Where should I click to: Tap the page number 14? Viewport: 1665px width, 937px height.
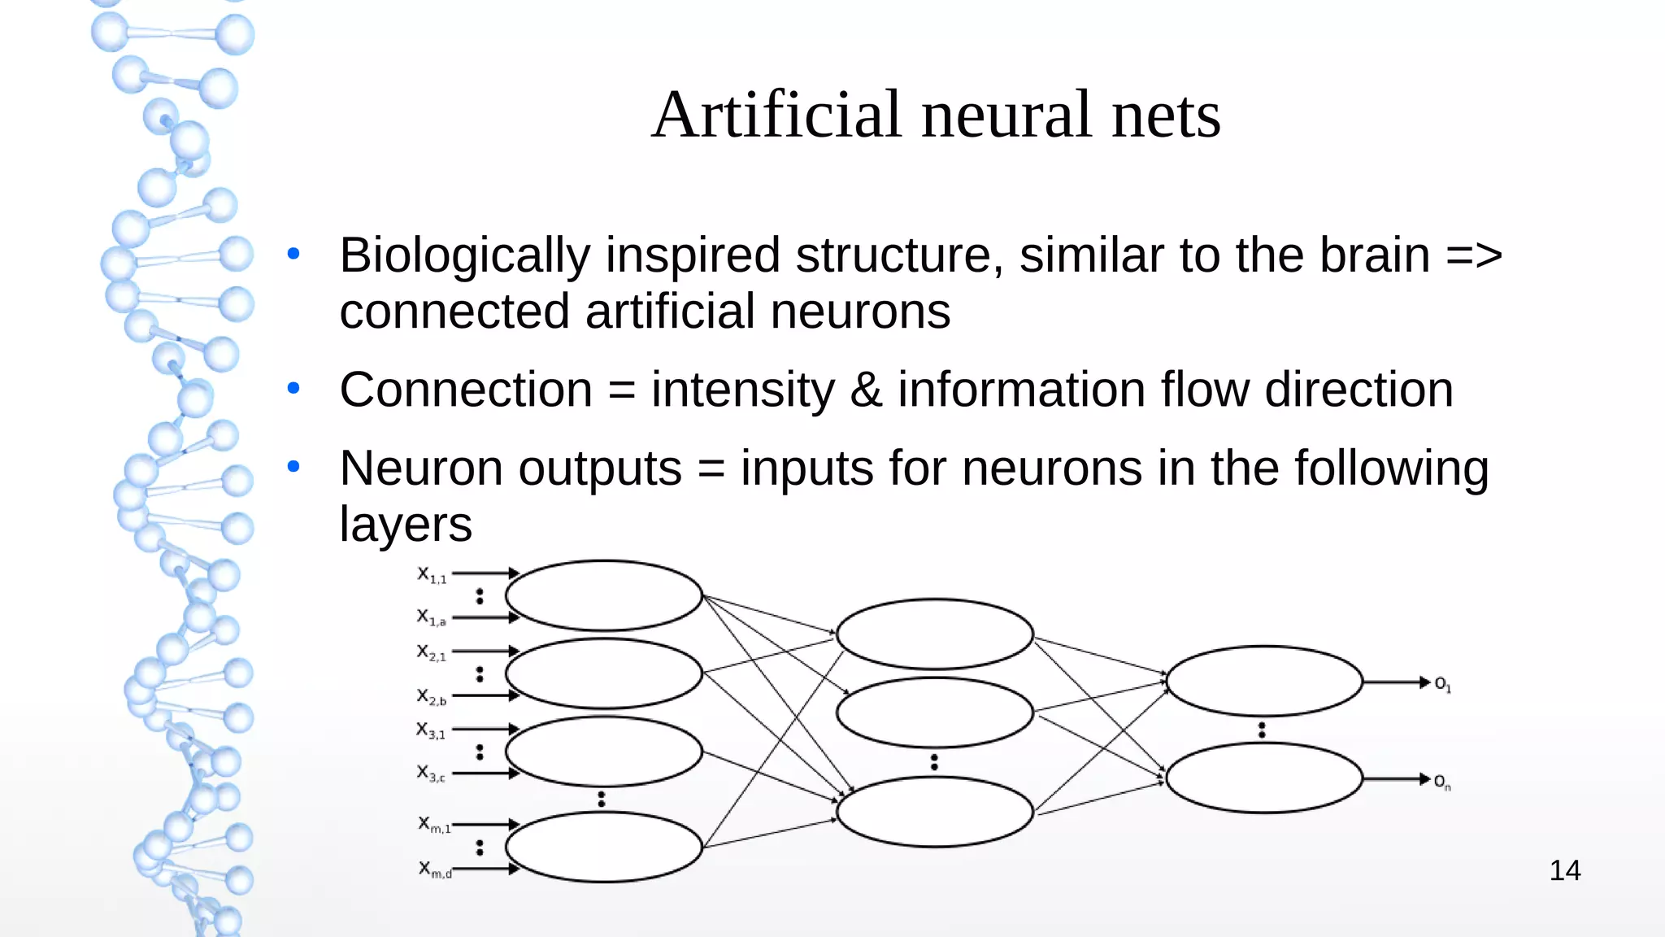(x=1564, y=871)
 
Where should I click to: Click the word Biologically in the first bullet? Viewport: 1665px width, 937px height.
(x=464, y=255)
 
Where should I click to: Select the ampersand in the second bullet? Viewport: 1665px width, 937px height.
(x=866, y=390)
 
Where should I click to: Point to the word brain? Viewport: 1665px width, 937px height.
(x=1374, y=255)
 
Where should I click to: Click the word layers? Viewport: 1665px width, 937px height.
(x=405, y=525)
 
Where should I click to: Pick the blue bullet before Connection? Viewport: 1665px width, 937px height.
(x=293, y=389)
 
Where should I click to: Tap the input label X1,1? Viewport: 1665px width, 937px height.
(x=432, y=575)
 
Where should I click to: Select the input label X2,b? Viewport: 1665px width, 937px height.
(x=432, y=696)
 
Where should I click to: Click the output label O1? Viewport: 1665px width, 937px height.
(x=1442, y=684)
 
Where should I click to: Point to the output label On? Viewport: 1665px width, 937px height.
(x=1442, y=782)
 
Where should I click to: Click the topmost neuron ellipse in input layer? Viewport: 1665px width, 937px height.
(x=603, y=595)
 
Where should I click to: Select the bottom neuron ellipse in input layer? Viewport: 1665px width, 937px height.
(x=603, y=847)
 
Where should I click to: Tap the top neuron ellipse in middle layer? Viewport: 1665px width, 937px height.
(x=934, y=634)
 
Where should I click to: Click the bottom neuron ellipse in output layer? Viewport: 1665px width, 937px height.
(x=1264, y=778)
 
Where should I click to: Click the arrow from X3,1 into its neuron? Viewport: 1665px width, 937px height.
(x=485, y=729)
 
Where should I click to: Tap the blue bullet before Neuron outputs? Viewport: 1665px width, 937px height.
(x=293, y=467)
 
